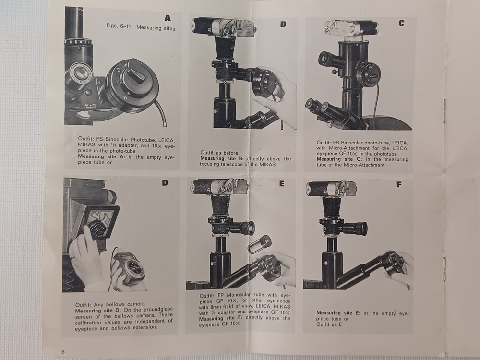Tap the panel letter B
pos(283,23)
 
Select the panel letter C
pos(401,23)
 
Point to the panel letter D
pos(165,183)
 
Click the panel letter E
pos(282,184)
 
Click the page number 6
pos(63,352)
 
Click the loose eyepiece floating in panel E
pos(259,244)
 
